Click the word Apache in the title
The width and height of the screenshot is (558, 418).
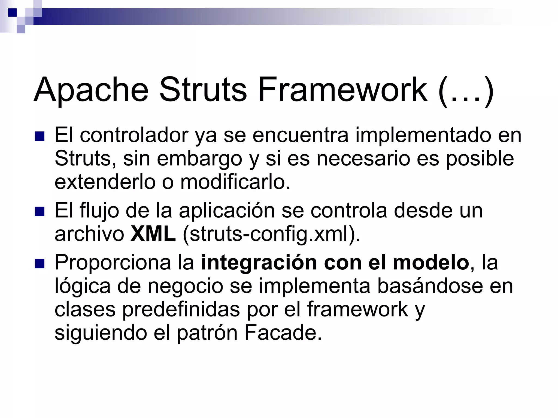pos(91,90)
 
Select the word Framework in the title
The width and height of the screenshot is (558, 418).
pos(342,90)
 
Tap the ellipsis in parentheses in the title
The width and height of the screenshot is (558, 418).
pos(466,91)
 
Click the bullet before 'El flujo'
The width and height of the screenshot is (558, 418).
pos(40,212)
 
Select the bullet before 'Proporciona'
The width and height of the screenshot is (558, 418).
pos(40,264)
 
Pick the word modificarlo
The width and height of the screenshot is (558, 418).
pos(235,182)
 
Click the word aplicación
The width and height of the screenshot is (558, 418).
pos(227,211)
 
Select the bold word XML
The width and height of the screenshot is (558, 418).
pos(153,234)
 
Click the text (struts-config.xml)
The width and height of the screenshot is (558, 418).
pos(271,234)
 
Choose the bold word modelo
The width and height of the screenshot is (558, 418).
pos(430,262)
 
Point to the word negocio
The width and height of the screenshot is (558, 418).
pos(185,287)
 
